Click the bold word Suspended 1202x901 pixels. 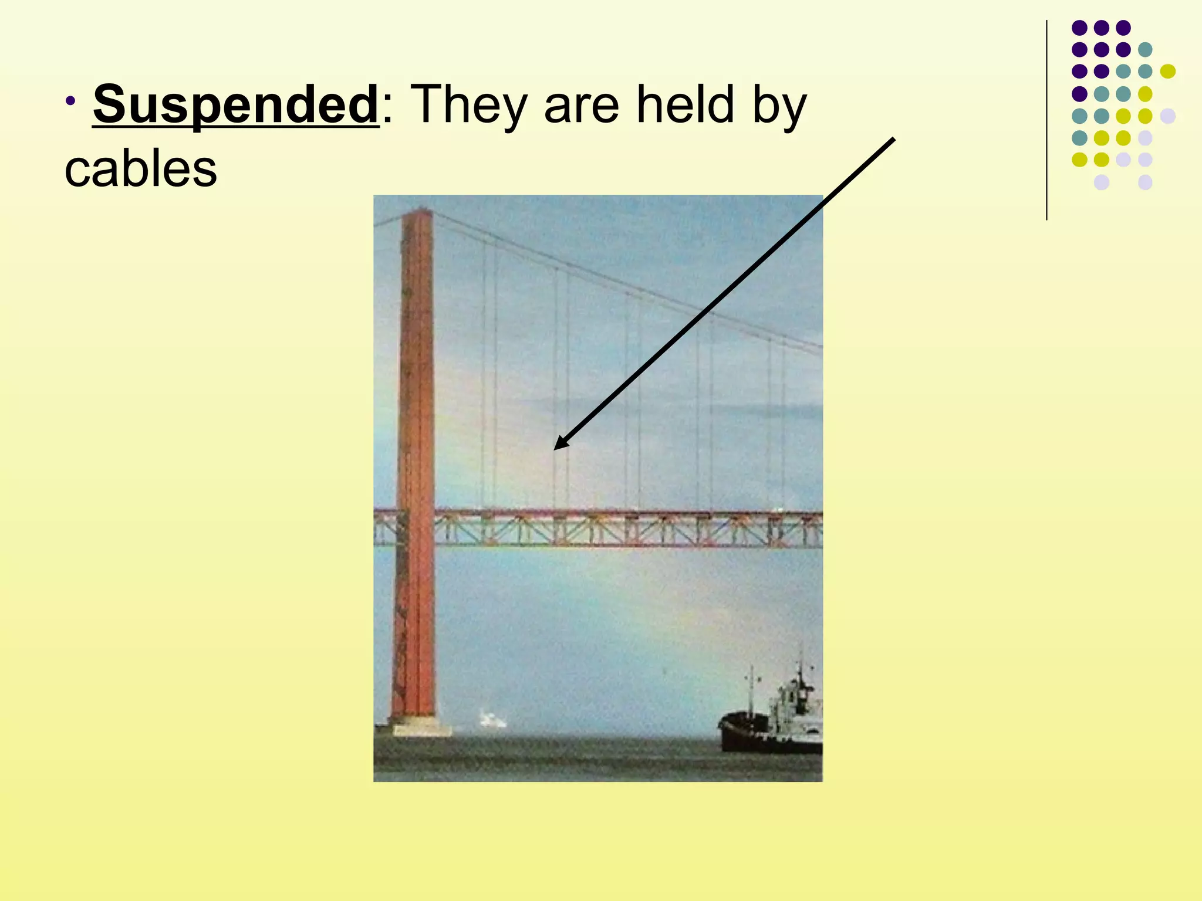[236, 105]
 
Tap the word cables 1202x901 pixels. [141, 170]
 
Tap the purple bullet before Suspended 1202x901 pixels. [71, 100]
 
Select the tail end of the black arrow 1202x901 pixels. [893, 140]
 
